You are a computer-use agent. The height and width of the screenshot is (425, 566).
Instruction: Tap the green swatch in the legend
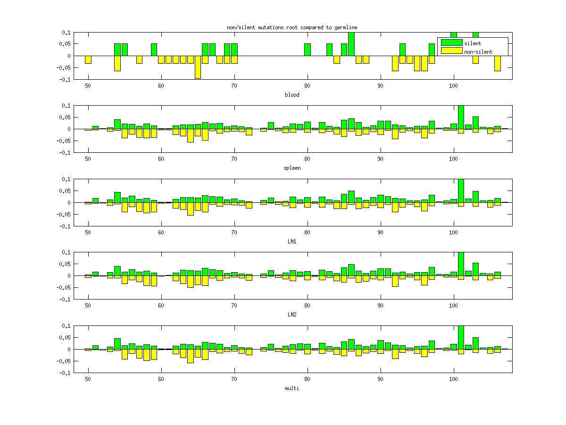coord(451,43)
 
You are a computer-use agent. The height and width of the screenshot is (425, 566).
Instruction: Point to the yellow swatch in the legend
coord(451,51)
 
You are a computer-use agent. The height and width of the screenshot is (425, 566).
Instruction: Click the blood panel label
coord(292,95)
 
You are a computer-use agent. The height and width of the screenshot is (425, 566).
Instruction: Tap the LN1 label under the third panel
coord(292,242)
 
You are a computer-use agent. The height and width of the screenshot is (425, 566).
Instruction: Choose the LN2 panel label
coord(292,315)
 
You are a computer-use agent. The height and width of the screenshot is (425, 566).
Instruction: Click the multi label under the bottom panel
coord(292,388)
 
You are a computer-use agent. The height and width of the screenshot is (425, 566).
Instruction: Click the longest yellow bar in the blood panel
coord(198,67)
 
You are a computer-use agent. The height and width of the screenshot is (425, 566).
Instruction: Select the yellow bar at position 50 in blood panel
coord(88,59)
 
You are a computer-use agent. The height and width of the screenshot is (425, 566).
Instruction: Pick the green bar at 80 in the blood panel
coord(308,50)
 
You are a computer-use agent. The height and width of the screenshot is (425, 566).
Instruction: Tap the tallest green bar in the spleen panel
coord(461,117)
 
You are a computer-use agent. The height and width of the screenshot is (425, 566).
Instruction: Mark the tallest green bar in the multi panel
coord(461,337)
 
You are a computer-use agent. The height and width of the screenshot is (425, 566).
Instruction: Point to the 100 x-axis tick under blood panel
coord(454,85)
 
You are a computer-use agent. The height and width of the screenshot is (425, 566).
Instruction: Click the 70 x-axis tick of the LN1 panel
coord(234,232)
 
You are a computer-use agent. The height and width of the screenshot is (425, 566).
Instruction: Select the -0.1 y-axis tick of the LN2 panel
coord(65,299)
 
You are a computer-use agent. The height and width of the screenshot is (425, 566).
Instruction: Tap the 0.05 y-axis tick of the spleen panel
coord(65,117)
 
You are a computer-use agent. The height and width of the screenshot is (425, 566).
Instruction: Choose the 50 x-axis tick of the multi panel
coord(88,378)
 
